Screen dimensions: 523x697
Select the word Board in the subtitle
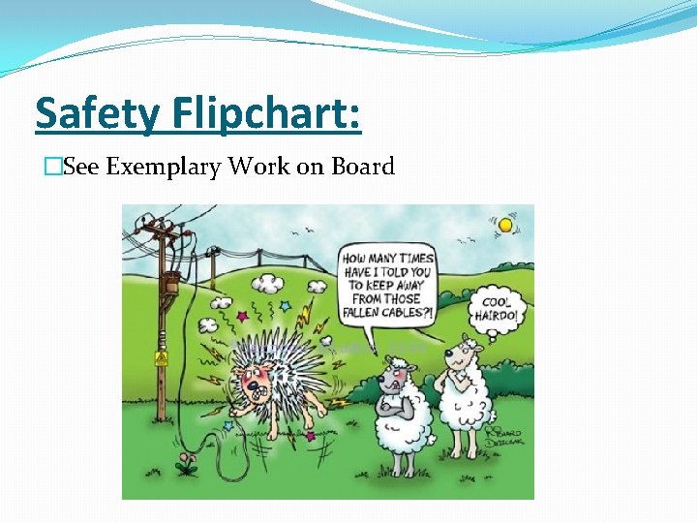click(x=363, y=167)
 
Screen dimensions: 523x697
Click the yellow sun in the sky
click(x=504, y=225)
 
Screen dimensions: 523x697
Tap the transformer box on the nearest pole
click(x=170, y=285)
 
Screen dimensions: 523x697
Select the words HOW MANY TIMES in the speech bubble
click(x=388, y=260)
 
